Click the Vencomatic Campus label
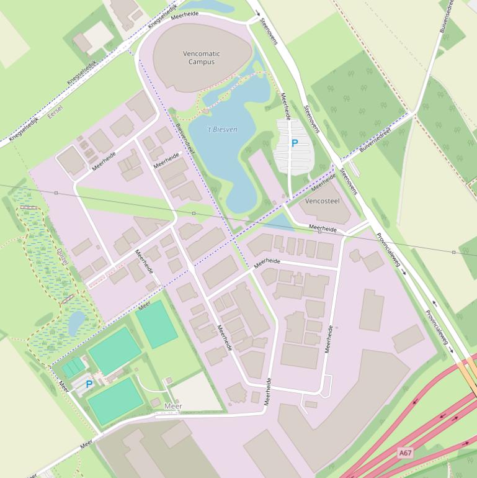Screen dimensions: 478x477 [x=202, y=58]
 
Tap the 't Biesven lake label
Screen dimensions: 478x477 [x=221, y=130]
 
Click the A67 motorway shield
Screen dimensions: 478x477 [x=405, y=454]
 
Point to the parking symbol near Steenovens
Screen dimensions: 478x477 [x=295, y=143]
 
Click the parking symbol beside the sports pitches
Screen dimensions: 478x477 [x=89, y=384]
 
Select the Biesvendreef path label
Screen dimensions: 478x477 [x=185, y=138]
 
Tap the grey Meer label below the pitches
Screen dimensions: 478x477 [x=174, y=407]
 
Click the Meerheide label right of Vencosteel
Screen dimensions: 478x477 [x=323, y=229]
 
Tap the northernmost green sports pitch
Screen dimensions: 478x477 [x=156, y=323]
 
